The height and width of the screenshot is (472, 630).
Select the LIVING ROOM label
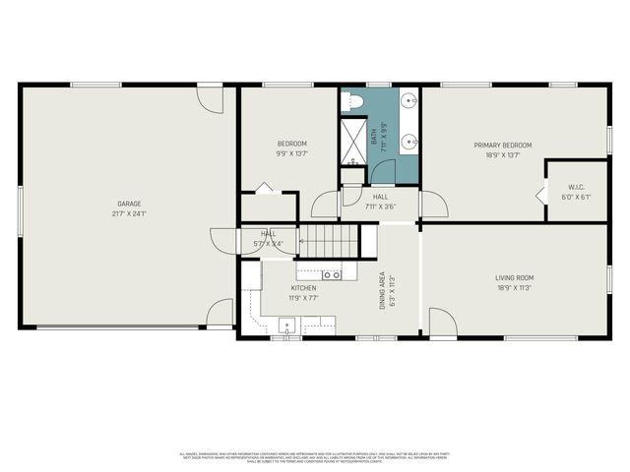[515, 278]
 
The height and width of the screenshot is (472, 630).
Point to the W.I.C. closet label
[577, 187]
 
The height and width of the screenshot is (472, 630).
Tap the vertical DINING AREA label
[383, 292]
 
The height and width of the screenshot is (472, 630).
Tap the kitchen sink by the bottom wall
[287, 325]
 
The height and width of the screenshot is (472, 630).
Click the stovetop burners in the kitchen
[332, 274]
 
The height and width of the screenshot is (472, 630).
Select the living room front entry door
[443, 324]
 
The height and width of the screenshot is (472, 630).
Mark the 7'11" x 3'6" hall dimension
[381, 206]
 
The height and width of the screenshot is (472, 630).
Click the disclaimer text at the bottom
[315, 457]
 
